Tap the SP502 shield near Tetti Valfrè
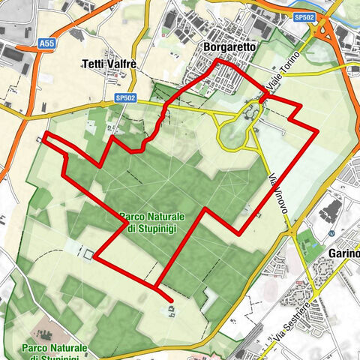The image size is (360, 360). pos(125,98)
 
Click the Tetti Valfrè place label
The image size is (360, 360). pos(109,65)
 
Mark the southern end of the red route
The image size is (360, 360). pos(172,302)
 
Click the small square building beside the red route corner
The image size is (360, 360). pos(88,254)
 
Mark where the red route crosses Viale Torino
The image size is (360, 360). pos(264,96)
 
